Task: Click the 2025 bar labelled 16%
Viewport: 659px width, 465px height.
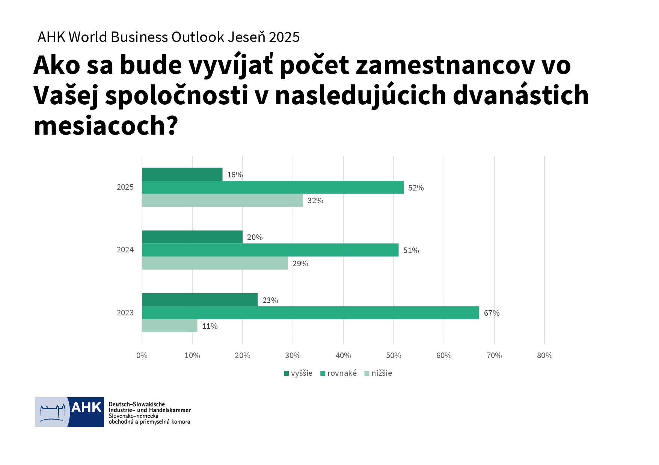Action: tap(182, 174)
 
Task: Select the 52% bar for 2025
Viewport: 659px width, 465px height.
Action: tap(273, 187)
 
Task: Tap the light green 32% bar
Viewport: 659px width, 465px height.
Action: tap(222, 200)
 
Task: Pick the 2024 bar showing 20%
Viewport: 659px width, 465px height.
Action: tap(192, 237)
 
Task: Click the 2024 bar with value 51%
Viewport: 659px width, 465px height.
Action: tap(270, 250)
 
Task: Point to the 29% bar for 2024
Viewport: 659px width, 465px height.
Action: tap(215, 263)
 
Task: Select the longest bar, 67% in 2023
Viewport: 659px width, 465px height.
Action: tap(310, 313)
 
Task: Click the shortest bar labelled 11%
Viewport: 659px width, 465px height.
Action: tap(169, 326)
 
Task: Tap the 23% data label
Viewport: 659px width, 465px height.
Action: tap(270, 300)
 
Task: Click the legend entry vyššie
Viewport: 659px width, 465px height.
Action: tap(298, 373)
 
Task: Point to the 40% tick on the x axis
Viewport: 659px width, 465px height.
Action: tap(343, 355)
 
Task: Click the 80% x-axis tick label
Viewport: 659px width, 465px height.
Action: tap(544, 355)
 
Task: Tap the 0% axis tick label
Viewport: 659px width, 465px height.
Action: tap(142, 355)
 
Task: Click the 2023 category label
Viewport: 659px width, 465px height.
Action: tap(125, 313)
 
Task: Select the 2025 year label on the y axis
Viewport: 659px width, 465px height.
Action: tap(125, 187)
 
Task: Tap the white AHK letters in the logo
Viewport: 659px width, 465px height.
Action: tap(86, 407)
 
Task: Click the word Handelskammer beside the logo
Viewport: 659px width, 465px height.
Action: tap(170, 410)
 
